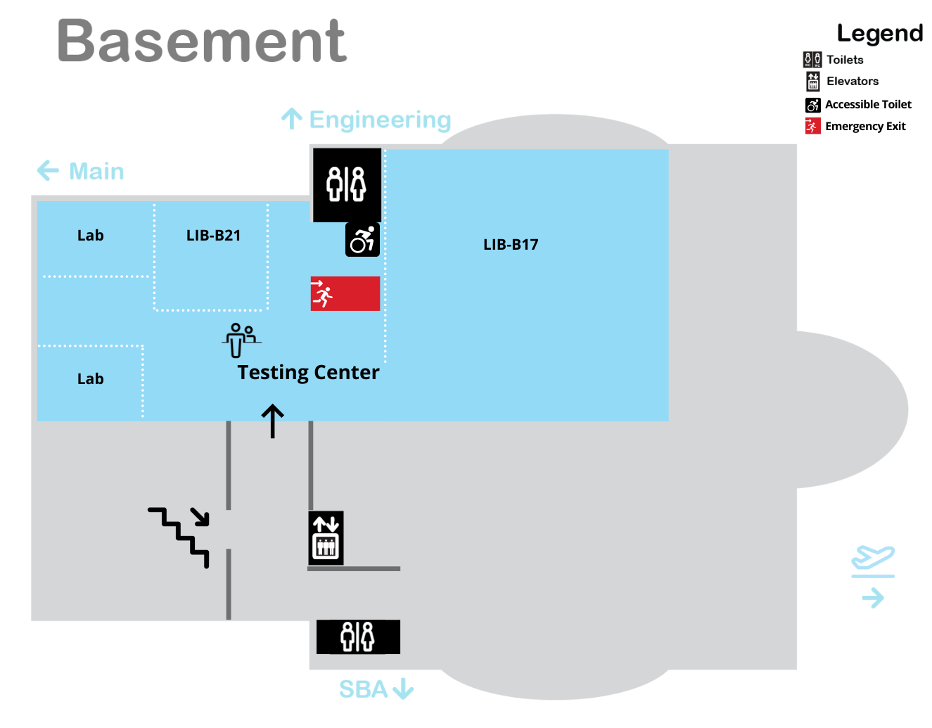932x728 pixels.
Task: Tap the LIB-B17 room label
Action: pyautogui.click(x=511, y=245)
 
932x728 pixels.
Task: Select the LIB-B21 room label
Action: pyautogui.click(x=213, y=236)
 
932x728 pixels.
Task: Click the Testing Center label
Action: pyautogui.click(x=308, y=372)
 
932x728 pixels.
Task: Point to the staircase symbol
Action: pyautogui.click(x=180, y=537)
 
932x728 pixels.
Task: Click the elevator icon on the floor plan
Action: pyautogui.click(x=326, y=538)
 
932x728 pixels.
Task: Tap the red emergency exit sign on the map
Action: pyautogui.click(x=345, y=293)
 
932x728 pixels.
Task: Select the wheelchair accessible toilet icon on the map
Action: pyautogui.click(x=362, y=240)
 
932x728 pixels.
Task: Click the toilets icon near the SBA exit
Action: pyautogui.click(x=358, y=637)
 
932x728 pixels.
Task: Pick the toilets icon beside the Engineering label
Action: pyautogui.click(x=347, y=184)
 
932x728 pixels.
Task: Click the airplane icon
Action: pyautogui.click(x=873, y=559)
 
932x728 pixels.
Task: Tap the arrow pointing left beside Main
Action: pyautogui.click(x=48, y=170)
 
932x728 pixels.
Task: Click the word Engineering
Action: pyautogui.click(x=380, y=120)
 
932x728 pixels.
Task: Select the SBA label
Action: pyautogui.click(x=363, y=689)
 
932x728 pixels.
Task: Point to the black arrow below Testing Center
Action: pyautogui.click(x=273, y=421)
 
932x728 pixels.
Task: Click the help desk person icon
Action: pyautogui.click(x=241, y=340)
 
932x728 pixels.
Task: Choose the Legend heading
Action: pyautogui.click(x=879, y=33)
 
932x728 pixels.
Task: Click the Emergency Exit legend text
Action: pyautogui.click(x=865, y=127)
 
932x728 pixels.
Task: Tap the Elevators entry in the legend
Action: pyautogui.click(x=853, y=82)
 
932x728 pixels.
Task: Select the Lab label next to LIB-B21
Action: pyautogui.click(x=90, y=236)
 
